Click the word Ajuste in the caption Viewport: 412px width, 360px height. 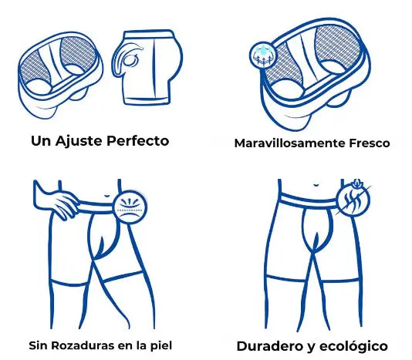coord(78,141)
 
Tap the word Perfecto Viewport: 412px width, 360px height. coord(137,141)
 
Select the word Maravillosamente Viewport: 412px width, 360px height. coord(289,143)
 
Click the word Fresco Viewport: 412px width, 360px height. coord(369,143)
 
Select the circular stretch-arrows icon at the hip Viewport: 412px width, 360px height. coord(130,207)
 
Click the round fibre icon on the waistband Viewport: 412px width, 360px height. coord(353,200)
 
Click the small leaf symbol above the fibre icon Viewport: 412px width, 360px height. coord(357,183)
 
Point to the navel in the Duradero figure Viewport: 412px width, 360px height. coord(316,185)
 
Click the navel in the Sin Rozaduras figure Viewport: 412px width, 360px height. coord(106,196)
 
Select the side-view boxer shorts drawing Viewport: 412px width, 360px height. coord(147,68)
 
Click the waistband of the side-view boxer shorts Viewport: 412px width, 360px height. coord(149,35)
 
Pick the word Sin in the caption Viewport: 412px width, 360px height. coord(38,345)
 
